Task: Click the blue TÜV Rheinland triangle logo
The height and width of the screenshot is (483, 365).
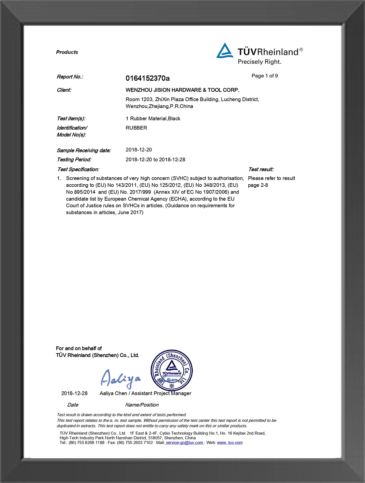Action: point(225,51)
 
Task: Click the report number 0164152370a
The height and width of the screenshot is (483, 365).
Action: point(148,78)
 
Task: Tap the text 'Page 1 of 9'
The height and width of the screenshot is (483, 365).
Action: point(265,76)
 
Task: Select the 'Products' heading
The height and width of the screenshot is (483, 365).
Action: point(67,52)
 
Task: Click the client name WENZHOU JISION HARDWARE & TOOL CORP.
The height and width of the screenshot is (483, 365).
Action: point(182,90)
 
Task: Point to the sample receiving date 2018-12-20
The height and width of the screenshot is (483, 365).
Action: point(139,150)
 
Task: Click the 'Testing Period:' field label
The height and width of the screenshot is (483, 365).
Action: point(74,160)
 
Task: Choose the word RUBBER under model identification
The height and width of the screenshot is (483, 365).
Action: point(136,128)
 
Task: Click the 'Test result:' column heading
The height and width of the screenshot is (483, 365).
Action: point(261,169)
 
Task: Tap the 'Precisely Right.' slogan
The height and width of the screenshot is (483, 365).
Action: point(259,62)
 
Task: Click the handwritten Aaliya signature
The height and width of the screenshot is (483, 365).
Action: point(120,379)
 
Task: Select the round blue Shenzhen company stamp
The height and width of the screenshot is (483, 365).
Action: point(172,370)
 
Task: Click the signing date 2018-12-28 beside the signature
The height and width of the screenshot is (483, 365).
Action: point(74,393)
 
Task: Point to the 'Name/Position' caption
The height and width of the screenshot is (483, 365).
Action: point(142,405)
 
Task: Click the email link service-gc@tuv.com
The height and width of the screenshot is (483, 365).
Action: point(184,443)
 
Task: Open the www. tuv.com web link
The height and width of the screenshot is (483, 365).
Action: point(230,443)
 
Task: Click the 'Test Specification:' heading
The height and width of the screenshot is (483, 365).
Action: point(78,169)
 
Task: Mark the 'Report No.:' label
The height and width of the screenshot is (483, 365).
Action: point(70,77)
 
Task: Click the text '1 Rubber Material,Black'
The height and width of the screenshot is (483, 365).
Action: point(153,118)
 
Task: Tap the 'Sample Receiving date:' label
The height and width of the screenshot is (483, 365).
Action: point(84,150)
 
